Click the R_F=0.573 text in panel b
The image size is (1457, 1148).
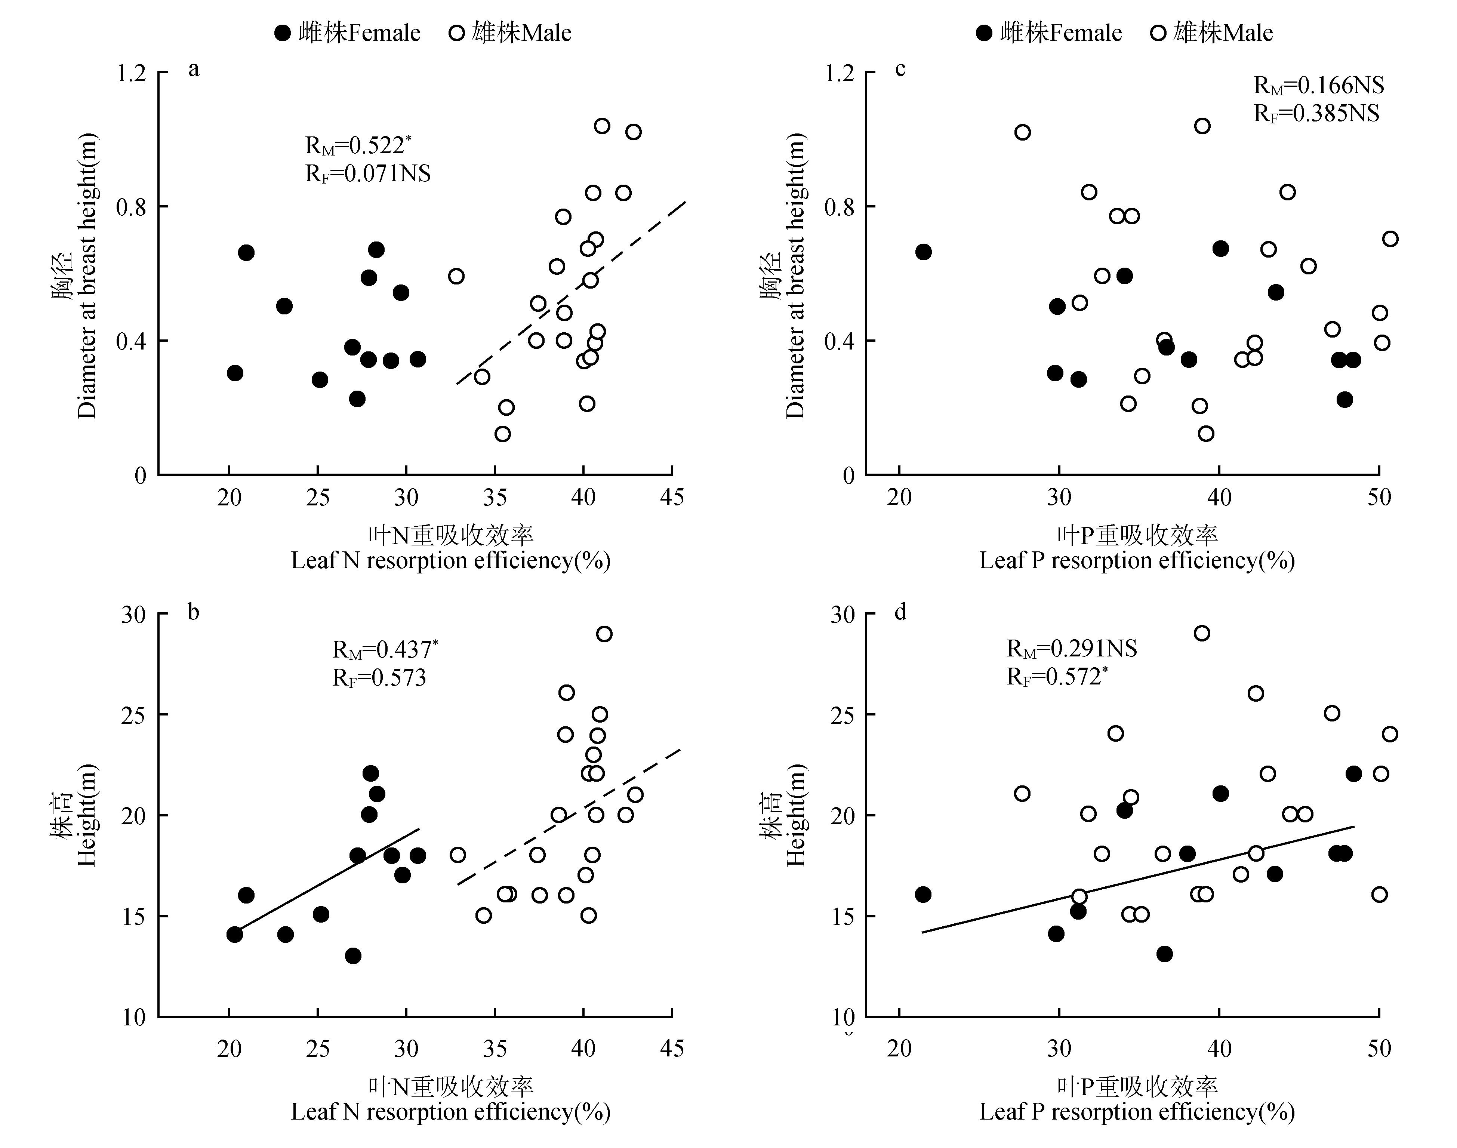(379, 677)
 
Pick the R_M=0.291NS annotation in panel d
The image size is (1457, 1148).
(1071, 649)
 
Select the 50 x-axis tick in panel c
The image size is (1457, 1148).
(1379, 498)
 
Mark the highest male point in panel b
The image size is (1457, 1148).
(604, 634)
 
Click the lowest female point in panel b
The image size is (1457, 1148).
(353, 955)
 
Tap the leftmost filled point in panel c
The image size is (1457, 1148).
(923, 252)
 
